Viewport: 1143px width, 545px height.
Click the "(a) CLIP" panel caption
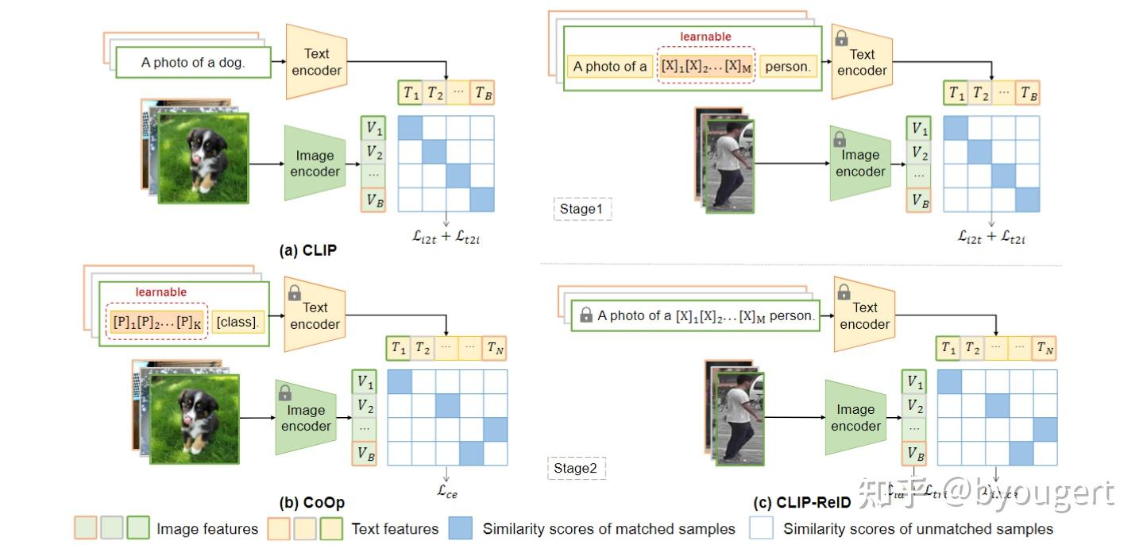tap(308, 250)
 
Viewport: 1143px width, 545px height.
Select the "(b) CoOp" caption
tap(311, 502)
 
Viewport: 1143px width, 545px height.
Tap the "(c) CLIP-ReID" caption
tap(802, 503)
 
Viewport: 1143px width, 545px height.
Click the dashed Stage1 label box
tap(582, 209)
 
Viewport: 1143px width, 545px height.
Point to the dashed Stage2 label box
tap(576, 468)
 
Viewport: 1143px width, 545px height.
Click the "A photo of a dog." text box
tap(193, 63)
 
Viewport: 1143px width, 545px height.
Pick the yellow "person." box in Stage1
tap(787, 67)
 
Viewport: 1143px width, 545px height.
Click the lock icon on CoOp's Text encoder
tap(294, 292)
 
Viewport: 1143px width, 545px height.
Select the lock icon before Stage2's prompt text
tap(586, 315)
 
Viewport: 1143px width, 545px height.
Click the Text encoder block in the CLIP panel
tap(316, 62)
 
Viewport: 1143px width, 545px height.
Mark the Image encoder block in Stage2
tap(855, 418)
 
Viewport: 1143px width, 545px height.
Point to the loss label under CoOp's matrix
tap(447, 490)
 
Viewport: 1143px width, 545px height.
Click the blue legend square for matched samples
tap(460, 528)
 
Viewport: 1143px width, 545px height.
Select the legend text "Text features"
tap(395, 528)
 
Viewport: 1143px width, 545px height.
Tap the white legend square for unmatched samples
tap(761, 528)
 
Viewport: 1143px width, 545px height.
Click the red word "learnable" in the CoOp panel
tap(161, 292)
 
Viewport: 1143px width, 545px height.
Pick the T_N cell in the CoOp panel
tap(495, 347)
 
